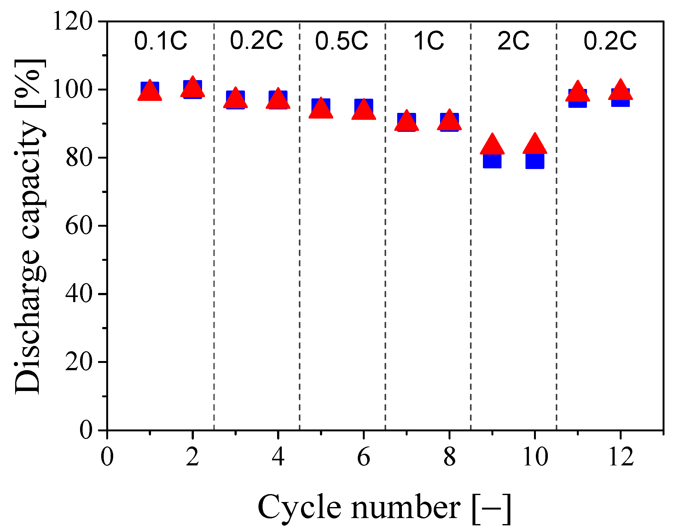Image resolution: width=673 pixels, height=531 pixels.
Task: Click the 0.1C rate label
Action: click(160, 41)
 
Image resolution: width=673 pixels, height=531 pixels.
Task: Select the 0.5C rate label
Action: click(342, 41)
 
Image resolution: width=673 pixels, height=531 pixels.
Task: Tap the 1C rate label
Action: click(428, 41)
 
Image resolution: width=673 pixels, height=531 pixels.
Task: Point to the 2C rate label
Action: click(513, 41)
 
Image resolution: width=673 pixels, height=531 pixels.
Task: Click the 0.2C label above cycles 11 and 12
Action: click(610, 41)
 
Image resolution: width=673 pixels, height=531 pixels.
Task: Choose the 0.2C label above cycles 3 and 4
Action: click(256, 41)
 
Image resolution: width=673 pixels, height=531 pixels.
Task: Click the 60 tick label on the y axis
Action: click(79, 226)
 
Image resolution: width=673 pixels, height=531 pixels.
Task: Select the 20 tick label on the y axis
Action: click(79, 362)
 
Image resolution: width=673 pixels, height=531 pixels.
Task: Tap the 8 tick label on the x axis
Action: click(449, 457)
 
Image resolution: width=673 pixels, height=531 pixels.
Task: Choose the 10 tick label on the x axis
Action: click(535, 457)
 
